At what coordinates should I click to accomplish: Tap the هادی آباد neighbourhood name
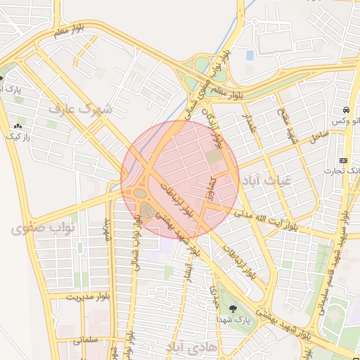195,347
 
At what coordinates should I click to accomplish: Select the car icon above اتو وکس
347,110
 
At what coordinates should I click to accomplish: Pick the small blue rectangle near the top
250,54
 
